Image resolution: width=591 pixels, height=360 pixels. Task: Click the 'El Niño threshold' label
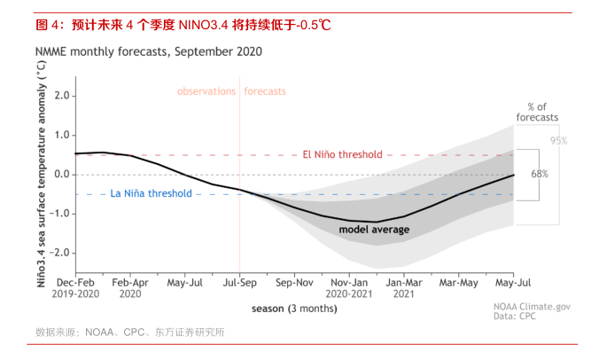click(x=342, y=154)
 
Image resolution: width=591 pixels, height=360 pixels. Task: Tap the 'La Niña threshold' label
click(x=151, y=193)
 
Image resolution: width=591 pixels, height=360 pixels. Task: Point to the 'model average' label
click(x=374, y=230)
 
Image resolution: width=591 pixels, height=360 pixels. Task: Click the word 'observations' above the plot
click(x=206, y=91)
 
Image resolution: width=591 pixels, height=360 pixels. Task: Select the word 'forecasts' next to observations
click(x=266, y=91)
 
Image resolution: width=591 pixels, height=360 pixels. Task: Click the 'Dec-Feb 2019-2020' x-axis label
click(x=75, y=287)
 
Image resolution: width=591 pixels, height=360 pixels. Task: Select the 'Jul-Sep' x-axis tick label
click(x=239, y=282)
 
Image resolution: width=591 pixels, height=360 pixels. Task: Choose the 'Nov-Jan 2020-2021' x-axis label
click(x=349, y=287)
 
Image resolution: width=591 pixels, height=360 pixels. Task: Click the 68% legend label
click(x=539, y=174)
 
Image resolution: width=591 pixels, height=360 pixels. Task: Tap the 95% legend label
click(x=558, y=141)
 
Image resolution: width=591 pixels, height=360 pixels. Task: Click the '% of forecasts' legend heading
click(x=538, y=112)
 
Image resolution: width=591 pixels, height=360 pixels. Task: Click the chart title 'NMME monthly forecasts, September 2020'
click(x=148, y=51)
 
